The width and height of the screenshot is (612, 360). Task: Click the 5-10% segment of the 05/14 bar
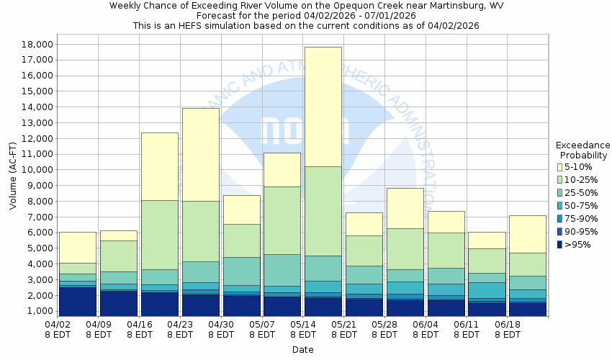click(x=323, y=107)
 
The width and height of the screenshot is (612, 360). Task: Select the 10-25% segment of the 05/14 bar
click(x=323, y=211)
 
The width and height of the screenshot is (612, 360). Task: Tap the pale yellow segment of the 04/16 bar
click(x=159, y=166)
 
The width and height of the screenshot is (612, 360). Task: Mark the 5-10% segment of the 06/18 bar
click(x=528, y=234)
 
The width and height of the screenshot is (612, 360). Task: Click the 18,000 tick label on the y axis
click(x=34, y=44)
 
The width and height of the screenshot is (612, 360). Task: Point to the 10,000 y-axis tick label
click(x=34, y=170)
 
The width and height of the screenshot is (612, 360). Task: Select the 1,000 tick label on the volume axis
click(x=37, y=312)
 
